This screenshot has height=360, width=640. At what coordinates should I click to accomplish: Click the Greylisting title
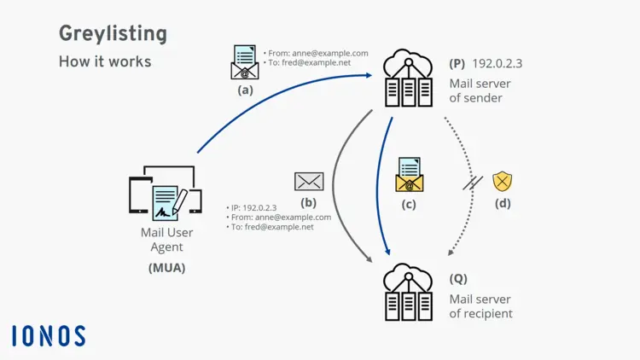(113, 34)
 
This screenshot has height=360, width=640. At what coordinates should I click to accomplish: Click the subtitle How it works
(105, 61)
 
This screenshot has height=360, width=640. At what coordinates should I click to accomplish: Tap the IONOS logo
(49, 335)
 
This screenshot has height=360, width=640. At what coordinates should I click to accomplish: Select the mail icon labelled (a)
(245, 62)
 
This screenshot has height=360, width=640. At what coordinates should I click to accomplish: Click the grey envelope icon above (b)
(309, 181)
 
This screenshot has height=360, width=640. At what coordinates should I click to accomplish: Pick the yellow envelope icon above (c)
(409, 175)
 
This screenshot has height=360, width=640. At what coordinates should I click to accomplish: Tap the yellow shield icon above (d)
(503, 181)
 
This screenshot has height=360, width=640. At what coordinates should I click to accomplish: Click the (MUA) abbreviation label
(166, 268)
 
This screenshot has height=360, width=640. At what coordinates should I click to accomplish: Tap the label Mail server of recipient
(480, 306)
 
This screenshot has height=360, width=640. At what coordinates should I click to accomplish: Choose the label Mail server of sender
(476, 90)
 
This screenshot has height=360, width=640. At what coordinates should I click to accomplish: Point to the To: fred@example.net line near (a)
(309, 63)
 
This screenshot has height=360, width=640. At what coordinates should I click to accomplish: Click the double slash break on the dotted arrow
(472, 183)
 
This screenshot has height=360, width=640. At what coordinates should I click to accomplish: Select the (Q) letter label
(458, 279)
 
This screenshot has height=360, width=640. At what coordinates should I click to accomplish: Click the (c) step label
(409, 204)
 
